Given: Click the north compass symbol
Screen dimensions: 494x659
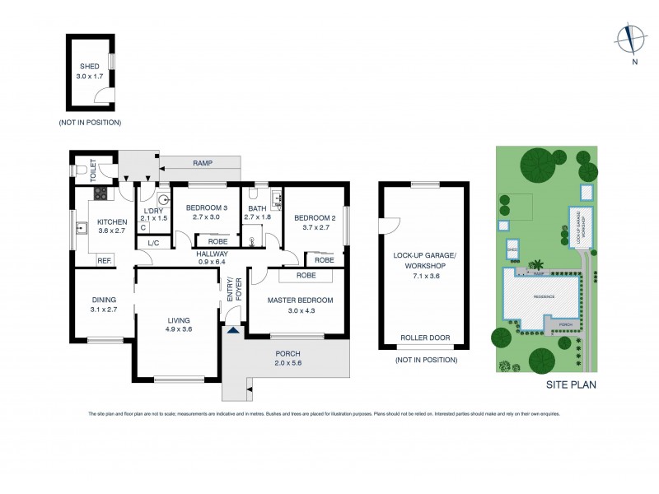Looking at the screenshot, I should point(632,38).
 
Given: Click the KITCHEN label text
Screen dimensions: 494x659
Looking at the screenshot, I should point(112,222).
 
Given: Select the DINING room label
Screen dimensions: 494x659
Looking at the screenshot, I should point(104,300).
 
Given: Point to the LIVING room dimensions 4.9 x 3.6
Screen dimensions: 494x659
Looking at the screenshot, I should point(179,330).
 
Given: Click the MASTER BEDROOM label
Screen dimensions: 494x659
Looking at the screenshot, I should point(300,301).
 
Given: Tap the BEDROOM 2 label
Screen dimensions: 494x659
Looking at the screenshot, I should point(311,217).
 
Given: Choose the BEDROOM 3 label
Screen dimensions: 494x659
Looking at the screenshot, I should point(206,207).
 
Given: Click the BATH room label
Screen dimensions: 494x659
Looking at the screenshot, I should point(257,207).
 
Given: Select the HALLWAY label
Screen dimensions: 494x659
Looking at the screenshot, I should point(212,254).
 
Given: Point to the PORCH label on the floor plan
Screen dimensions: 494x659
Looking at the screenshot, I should point(287,354).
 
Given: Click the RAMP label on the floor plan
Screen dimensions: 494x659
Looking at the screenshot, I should point(202,163).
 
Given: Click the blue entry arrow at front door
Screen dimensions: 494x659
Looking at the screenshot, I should point(233,331).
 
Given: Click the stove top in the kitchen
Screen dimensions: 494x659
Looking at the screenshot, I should point(101,194).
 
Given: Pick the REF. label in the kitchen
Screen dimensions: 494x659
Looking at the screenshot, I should point(105,261).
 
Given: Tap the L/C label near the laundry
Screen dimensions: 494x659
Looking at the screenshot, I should point(153,244).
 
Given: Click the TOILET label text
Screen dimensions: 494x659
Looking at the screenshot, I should point(93,171).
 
